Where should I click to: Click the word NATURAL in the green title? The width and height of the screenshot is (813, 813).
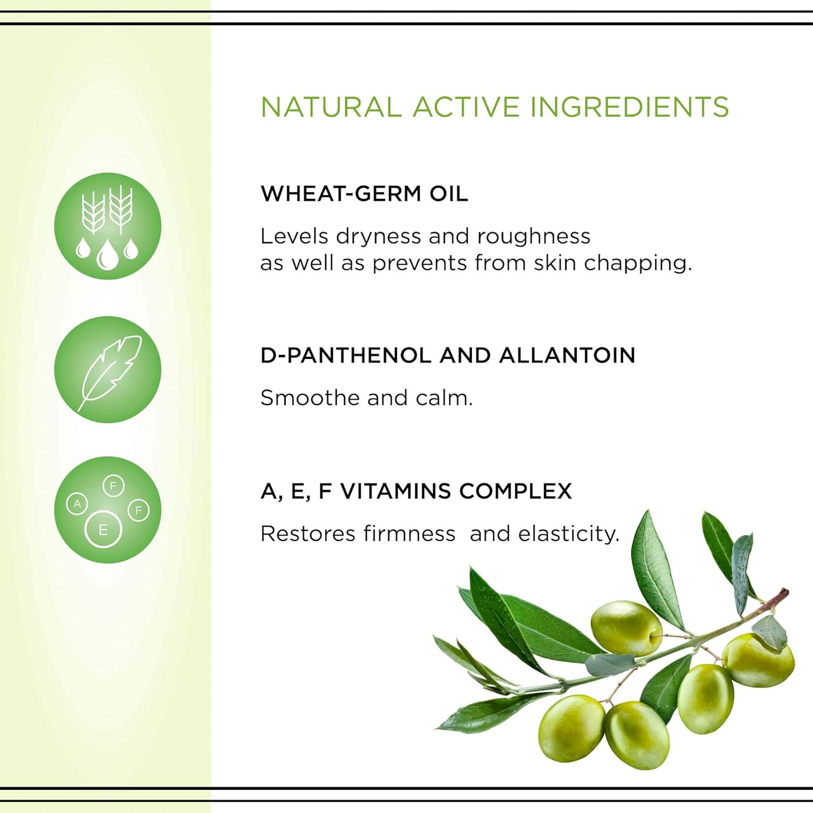click(331, 107)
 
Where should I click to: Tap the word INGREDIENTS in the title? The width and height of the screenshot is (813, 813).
click(629, 107)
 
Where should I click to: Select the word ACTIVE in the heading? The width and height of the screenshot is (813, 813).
click(465, 107)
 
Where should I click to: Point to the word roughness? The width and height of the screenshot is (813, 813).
click(533, 236)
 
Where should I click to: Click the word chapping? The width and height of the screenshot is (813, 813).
click(638, 263)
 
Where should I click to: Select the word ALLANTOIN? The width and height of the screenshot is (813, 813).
click(567, 356)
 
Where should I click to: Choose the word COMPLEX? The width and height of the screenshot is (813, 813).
click(515, 491)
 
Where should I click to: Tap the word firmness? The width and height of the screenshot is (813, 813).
click(409, 534)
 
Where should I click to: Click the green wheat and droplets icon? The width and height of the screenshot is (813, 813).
click(108, 226)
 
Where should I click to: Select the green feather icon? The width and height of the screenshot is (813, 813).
click(108, 370)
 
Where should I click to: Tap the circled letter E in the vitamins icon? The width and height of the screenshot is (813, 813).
click(103, 529)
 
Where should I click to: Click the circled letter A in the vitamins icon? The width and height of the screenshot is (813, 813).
click(78, 504)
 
